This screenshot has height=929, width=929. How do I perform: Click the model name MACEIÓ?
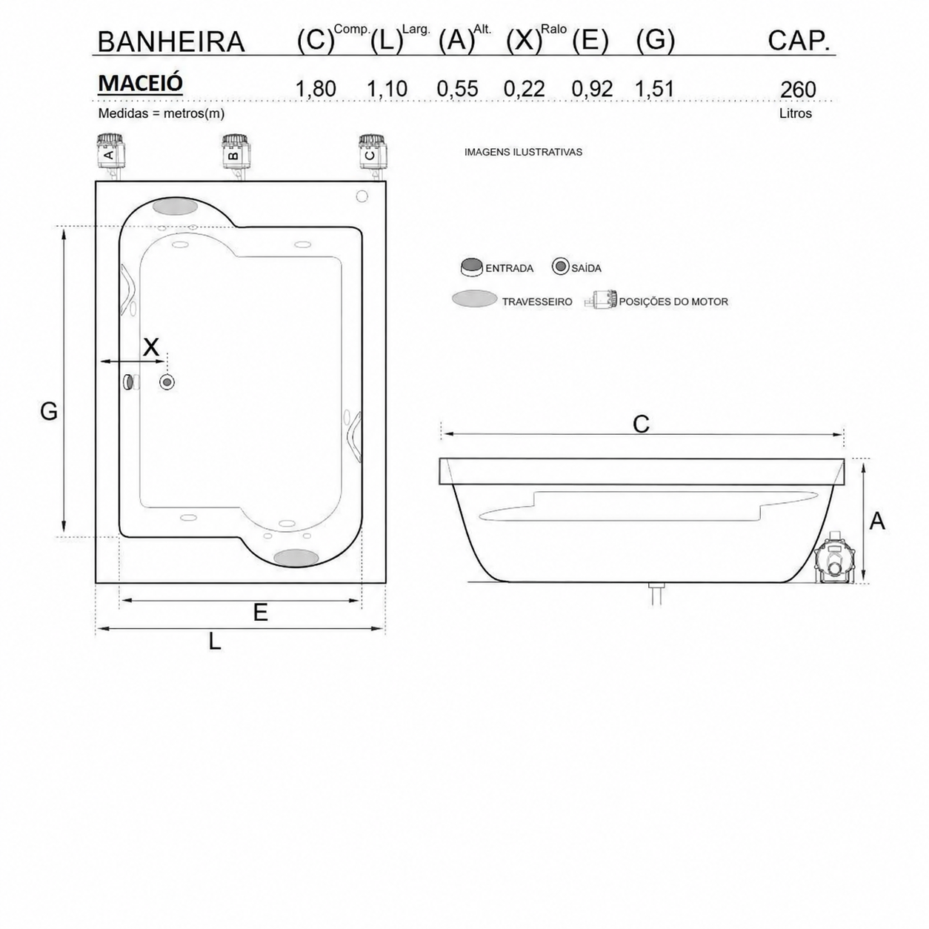(140, 83)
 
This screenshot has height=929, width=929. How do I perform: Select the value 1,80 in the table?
(316, 89)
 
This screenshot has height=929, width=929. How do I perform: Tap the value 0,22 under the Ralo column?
(524, 89)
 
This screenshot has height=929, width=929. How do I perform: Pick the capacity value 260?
(798, 90)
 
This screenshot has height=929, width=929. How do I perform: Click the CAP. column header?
(799, 41)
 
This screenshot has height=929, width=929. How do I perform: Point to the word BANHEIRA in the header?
(171, 42)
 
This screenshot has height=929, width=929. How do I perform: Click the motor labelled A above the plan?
(111, 154)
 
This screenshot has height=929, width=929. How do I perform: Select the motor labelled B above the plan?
(236, 154)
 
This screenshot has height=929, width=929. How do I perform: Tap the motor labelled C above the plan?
(373, 154)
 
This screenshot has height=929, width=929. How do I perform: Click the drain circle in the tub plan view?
(167, 382)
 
